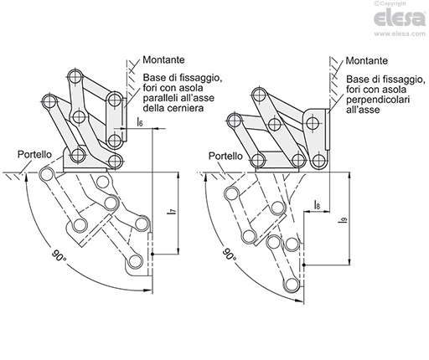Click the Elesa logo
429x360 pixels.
(x=400, y=18)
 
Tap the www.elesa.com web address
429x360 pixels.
(x=400, y=33)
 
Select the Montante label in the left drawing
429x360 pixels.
(x=163, y=59)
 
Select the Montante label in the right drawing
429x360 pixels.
(x=367, y=60)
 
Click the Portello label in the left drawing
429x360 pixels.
(x=34, y=154)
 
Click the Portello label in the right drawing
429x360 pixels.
(x=225, y=156)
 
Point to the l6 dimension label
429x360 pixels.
(x=140, y=121)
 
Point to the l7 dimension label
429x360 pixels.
(x=173, y=212)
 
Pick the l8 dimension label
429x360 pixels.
(x=317, y=204)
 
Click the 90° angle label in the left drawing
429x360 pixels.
(x=59, y=255)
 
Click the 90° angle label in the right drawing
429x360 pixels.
(x=230, y=255)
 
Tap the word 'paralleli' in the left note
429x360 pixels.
(x=160, y=98)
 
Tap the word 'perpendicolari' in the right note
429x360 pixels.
(x=378, y=99)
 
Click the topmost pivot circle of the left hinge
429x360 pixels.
(x=75, y=76)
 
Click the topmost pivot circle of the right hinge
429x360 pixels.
(x=259, y=95)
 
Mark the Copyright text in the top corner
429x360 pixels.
(x=390, y=3)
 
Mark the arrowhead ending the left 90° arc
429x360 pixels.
(x=147, y=291)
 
